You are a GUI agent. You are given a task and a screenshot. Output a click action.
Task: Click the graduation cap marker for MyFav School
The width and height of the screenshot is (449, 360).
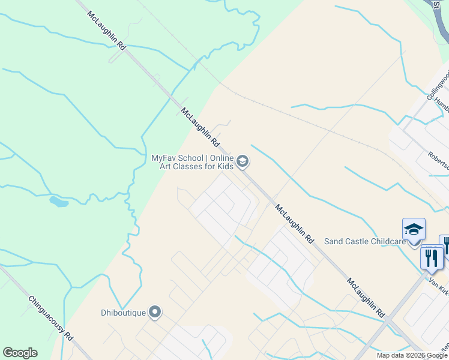[242, 161]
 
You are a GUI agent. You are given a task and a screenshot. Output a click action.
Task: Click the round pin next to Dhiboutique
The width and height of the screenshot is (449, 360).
[155, 311]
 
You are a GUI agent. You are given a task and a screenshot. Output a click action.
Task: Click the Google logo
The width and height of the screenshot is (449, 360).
[20, 353]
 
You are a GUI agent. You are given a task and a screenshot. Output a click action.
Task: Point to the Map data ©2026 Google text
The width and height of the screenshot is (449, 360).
[412, 355]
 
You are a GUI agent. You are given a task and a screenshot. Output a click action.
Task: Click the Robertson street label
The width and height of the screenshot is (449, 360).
[438, 157]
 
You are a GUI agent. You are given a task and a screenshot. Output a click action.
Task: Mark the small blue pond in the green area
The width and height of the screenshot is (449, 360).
[59, 202]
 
